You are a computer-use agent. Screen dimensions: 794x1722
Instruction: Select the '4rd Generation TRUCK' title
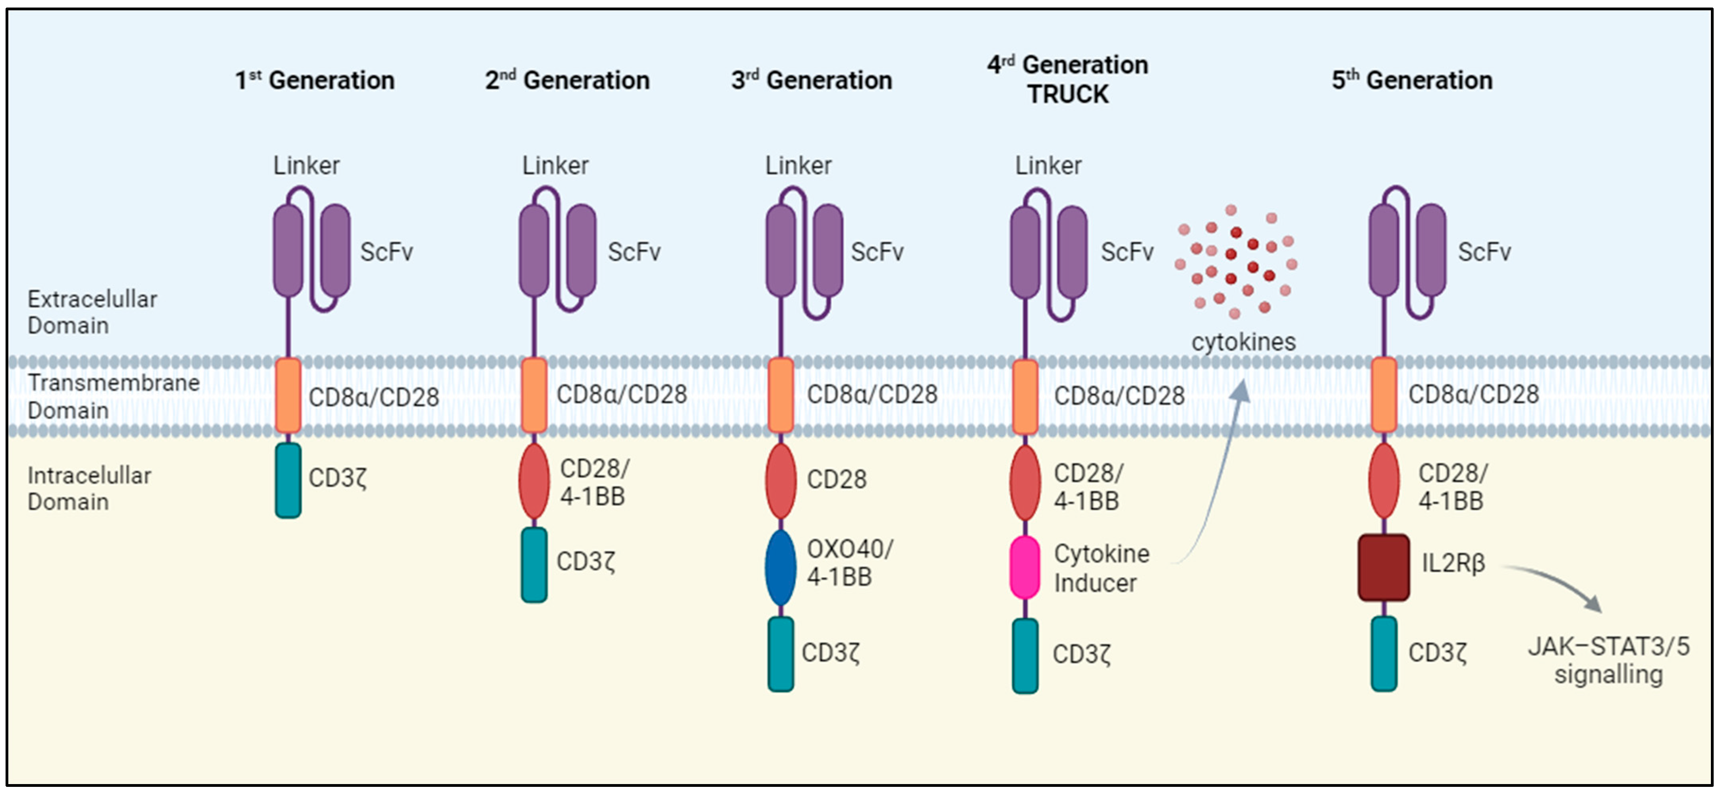pyautogui.click(x=1067, y=79)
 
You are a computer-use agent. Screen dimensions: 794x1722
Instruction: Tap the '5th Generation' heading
pyautogui.click(x=1412, y=80)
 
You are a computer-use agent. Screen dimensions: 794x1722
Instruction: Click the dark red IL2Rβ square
pyautogui.click(x=1383, y=567)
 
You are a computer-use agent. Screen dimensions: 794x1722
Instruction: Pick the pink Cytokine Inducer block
pyautogui.click(x=1025, y=567)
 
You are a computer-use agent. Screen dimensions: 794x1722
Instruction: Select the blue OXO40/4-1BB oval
pyautogui.click(x=780, y=567)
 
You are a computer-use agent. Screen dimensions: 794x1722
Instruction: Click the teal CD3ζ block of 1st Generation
pyautogui.click(x=288, y=480)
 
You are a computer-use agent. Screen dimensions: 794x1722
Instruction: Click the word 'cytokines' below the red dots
pyautogui.click(x=1243, y=341)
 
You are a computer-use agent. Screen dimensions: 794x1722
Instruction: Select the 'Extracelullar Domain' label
pyautogui.click(x=92, y=312)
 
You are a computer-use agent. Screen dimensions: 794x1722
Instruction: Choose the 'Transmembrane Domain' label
pyautogui.click(x=113, y=396)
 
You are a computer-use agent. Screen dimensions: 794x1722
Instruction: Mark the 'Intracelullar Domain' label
pyautogui.click(x=89, y=489)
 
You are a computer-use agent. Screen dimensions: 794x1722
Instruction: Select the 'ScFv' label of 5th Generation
pyautogui.click(x=1484, y=252)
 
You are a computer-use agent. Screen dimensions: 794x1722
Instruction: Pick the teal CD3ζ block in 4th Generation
pyautogui.click(x=1025, y=655)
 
